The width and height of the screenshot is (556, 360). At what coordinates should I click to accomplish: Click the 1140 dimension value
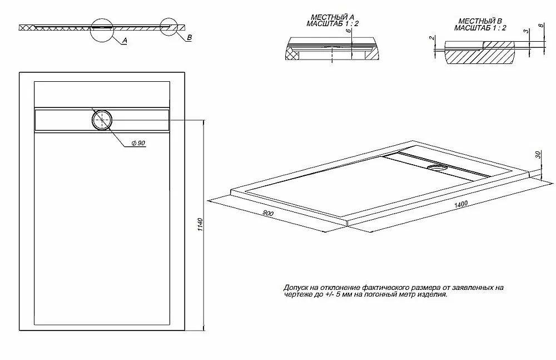200,225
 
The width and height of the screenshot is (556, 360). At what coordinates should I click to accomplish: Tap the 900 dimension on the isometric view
268,213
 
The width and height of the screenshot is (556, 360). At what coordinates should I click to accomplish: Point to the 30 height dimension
538,155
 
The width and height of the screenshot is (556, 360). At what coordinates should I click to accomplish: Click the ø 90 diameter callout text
138,143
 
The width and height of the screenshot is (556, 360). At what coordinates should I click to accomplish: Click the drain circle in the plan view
102,120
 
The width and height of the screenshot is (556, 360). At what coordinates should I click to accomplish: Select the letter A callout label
125,41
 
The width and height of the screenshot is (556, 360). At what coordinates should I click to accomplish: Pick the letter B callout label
190,38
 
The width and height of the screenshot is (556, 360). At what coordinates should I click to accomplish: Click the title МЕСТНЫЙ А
332,17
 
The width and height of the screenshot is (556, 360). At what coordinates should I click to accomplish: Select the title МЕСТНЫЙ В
480,21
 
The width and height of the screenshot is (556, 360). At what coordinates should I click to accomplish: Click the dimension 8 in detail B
541,26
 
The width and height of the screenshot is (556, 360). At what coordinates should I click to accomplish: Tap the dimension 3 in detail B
527,31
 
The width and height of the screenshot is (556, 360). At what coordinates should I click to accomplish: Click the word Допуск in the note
296,288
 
